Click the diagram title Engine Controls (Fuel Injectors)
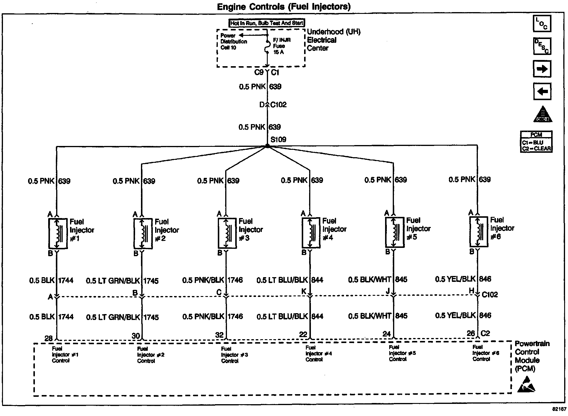pos(284,6)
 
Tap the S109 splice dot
pos(267,146)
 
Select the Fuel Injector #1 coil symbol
pos(58,233)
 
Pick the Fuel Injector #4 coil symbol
pos(311,233)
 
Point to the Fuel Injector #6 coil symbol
pos(478,232)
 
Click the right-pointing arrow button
pos(542,69)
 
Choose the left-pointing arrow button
pos(542,91)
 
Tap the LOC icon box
pos(542,24)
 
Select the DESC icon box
pos(542,46)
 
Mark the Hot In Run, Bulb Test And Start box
pos(267,23)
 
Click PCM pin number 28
pos(48,339)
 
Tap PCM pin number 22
pos(303,334)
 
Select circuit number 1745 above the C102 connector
pos(151,281)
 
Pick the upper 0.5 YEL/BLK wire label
pos(455,279)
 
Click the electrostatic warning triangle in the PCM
pos(526,384)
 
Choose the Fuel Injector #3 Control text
pos(234,355)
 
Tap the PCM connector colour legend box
pos(536,142)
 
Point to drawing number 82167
pos(559,409)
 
